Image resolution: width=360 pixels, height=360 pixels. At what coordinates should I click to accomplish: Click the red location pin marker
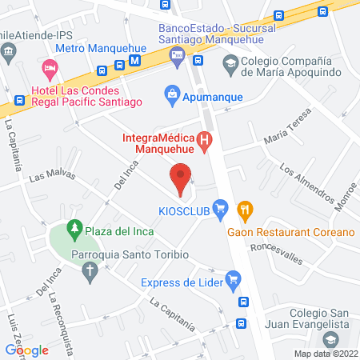pos(181,178)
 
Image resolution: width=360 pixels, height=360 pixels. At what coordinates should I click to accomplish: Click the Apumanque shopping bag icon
pos(171,95)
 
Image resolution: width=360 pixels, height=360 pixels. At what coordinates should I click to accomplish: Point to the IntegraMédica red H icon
pos(205,143)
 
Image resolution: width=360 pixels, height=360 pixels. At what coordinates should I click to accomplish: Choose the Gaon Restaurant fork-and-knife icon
pos(246,211)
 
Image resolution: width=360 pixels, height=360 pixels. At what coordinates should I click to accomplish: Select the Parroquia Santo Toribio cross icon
pos(90,274)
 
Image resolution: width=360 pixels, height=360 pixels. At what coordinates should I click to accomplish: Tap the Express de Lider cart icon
pos(233,279)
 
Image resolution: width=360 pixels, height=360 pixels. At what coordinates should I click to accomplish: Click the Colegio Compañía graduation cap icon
pos(230,62)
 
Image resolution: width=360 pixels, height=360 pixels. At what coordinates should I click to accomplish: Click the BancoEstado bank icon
pos(178,55)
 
